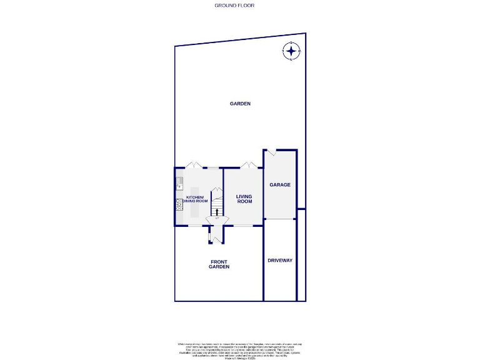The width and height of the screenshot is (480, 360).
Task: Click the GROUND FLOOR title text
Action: tap(234, 5)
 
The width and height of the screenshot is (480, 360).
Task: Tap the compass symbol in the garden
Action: tap(292, 51)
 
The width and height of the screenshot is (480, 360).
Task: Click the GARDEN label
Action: tap(240, 104)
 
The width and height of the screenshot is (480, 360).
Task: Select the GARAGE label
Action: tap(280, 185)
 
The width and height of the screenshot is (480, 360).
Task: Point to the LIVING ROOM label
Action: tap(244, 199)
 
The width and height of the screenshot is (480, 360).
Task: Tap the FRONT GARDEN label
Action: tap(219, 264)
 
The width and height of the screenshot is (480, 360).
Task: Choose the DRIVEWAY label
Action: tap(280, 260)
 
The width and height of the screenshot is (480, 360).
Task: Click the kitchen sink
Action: tap(179, 183)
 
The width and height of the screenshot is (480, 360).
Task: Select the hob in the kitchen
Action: tap(179, 204)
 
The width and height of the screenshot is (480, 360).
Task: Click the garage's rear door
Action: tap(271, 152)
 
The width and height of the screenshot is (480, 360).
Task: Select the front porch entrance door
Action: tap(216, 239)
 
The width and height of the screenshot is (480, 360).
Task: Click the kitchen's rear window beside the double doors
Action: tap(213, 167)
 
